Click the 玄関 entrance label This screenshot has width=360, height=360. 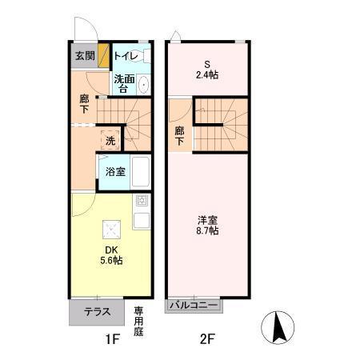coord(84,56)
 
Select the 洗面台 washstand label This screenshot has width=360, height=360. coord(122,83)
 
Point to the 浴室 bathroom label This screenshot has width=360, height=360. coord(114,171)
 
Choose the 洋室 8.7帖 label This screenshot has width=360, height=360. coord(208,225)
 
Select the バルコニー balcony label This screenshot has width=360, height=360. coord(194,305)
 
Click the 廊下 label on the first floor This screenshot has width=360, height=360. coord(84,105)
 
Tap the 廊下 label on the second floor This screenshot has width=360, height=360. coord(180,136)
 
